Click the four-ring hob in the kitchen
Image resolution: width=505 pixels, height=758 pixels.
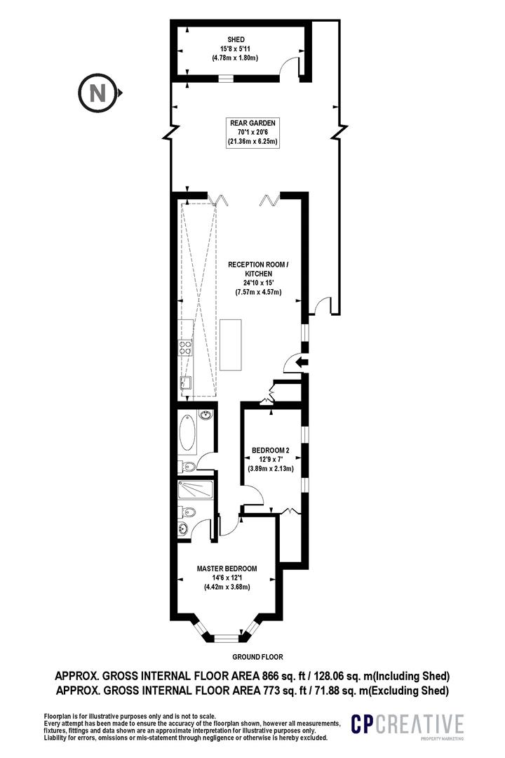click(x=187, y=350)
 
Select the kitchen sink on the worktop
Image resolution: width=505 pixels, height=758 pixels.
click(x=186, y=382)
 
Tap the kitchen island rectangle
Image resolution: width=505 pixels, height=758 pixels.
click(x=231, y=344)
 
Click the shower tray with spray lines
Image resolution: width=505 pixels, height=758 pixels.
click(x=196, y=491)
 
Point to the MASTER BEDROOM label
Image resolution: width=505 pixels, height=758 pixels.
click(x=227, y=568)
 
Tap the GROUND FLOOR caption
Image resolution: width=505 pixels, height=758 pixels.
click(x=257, y=658)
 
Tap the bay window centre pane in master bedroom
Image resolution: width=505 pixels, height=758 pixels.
click(x=226, y=639)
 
